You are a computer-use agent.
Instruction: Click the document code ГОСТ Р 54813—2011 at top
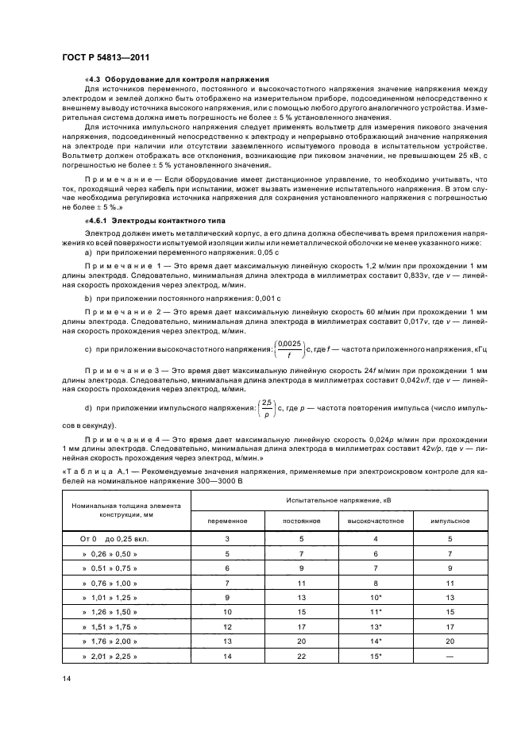pyautogui.click(x=106, y=58)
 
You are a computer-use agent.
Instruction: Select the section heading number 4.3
pyautogui.click(x=95, y=79)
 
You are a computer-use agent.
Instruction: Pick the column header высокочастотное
pyautogui.click(x=375, y=521)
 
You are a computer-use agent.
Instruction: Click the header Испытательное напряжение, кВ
pyautogui.click(x=338, y=499)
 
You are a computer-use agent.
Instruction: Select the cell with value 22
pyautogui.click(x=301, y=657)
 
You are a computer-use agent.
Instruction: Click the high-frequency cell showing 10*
pyautogui.click(x=375, y=597)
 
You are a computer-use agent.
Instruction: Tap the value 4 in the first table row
pyautogui.click(x=375, y=538)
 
